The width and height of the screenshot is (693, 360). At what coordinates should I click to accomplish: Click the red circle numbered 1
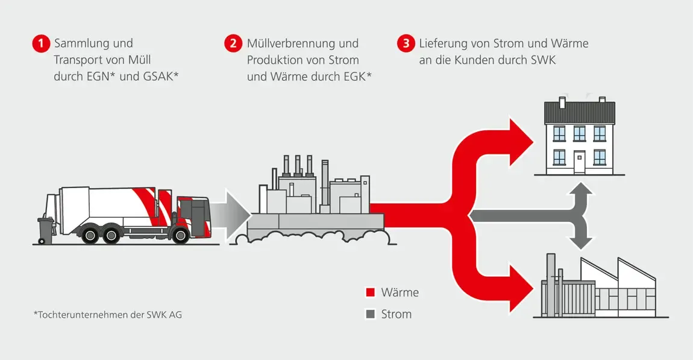point(40,44)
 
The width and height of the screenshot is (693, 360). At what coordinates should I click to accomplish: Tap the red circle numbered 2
point(233,44)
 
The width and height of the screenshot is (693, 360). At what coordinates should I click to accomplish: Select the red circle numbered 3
point(406,44)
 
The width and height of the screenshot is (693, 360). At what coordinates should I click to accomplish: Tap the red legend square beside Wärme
point(371,293)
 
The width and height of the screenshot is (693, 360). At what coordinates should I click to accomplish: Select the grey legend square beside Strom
point(371,314)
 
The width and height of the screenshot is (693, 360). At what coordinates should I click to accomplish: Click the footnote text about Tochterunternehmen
point(107,315)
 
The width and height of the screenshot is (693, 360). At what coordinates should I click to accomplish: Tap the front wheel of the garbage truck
point(180,234)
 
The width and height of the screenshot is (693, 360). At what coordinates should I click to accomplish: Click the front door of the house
point(580,162)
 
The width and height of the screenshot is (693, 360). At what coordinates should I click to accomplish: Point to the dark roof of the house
point(580,113)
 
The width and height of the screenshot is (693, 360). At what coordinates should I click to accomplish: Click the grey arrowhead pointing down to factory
point(580,242)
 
